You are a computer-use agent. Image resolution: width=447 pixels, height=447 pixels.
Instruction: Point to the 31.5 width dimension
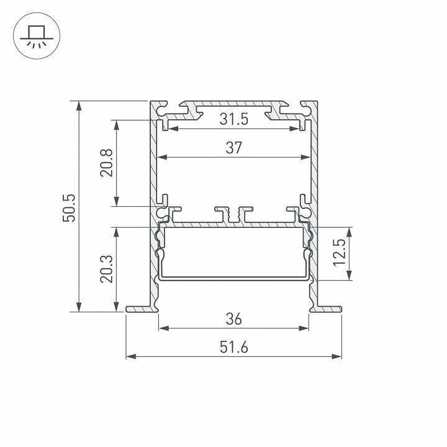coord(233,119)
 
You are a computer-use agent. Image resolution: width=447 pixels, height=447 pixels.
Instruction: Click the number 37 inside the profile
coord(233,148)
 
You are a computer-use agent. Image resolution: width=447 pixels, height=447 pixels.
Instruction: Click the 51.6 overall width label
coord(233,348)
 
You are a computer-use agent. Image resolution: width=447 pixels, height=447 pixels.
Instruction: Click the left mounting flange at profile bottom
coord(138,309)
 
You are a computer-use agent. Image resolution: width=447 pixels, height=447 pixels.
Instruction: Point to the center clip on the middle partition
coord(233,214)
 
